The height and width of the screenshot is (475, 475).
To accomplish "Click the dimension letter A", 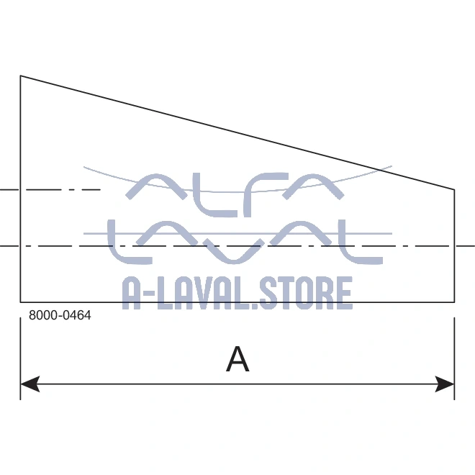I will [x=237, y=359].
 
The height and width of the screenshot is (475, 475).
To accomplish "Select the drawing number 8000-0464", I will [x=60, y=315].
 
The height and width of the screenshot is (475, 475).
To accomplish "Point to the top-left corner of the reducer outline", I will [x=20, y=76].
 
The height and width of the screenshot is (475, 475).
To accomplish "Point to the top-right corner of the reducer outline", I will [x=454, y=190].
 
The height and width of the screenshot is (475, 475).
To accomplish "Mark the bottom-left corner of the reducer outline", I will [x=20, y=302].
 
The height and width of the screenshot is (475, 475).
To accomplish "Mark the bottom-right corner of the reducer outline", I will [x=454, y=302].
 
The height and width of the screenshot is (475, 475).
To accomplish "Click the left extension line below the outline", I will [x=20, y=353].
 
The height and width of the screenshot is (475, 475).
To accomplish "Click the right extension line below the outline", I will [x=454, y=353].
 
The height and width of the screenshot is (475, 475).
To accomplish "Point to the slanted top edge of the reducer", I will [x=237, y=133].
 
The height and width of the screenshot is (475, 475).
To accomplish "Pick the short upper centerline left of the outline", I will [x=50, y=190].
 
